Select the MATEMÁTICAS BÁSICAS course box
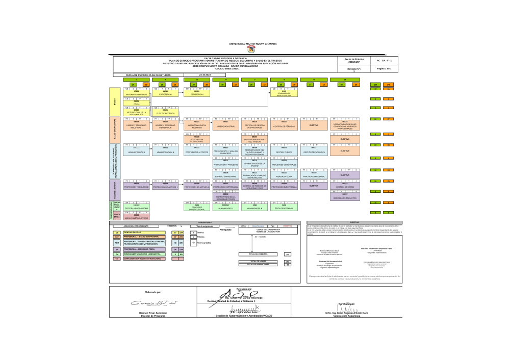136,93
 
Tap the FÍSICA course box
136,103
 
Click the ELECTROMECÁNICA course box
165,112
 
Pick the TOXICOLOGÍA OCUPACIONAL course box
197,139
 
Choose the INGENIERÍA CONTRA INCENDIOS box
197,124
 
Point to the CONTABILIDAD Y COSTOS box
197,151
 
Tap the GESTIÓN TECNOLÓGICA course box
314,151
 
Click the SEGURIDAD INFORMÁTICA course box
345,196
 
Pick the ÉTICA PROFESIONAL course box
284,208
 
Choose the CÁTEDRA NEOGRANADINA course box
136,208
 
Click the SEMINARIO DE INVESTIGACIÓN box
284,93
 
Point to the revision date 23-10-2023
205,74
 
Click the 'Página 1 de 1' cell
384,68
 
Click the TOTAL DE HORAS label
258,261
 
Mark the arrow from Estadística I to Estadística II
181,92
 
